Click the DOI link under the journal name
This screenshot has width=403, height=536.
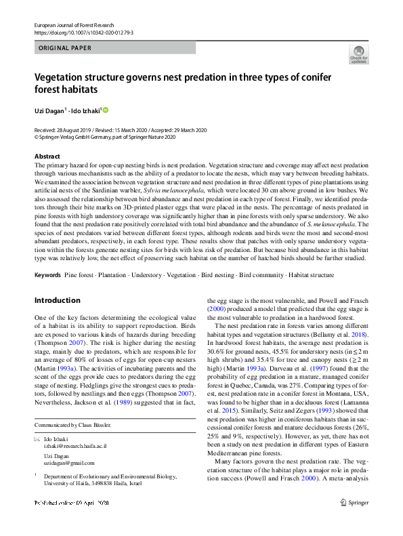pyautogui.click(x=83, y=32)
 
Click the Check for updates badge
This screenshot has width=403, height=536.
pyautogui.click(x=359, y=54)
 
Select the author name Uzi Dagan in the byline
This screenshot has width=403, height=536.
pyautogui.click(x=49, y=110)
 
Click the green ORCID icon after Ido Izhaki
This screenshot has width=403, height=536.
pyautogui.click(x=106, y=110)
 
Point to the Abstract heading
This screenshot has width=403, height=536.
pyautogui.click(x=48, y=157)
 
